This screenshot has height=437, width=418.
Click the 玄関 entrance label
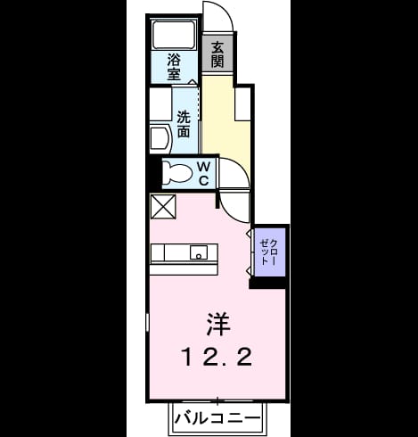[x=217, y=54]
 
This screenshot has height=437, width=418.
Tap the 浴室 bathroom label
[x=174, y=67]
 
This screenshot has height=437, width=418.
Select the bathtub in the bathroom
[x=174, y=35]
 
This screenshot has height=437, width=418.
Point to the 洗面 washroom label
[x=184, y=124]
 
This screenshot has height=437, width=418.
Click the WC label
[x=203, y=173]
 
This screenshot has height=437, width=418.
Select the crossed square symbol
[x=163, y=207]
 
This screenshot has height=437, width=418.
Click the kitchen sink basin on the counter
[x=199, y=252]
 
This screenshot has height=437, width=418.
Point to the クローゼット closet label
[x=268, y=252]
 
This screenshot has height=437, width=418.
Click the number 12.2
[x=217, y=357]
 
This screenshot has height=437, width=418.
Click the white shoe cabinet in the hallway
[x=242, y=104]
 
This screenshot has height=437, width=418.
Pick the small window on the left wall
[x=147, y=322]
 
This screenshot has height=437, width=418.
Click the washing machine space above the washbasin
[x=160, y=103]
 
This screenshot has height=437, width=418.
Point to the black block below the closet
[x=268, y=283]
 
